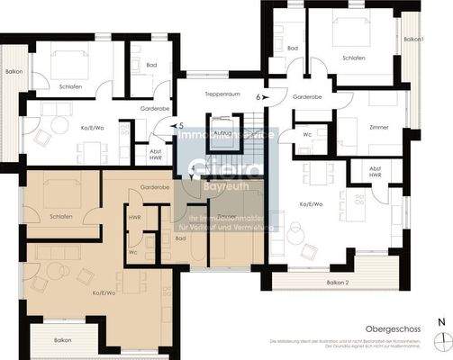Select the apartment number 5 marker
180,126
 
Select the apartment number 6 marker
258,94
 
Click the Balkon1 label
413,40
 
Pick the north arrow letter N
439,321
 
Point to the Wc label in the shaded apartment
133,251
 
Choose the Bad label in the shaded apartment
180,238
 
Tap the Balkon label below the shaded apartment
62,340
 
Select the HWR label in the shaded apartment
134,217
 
